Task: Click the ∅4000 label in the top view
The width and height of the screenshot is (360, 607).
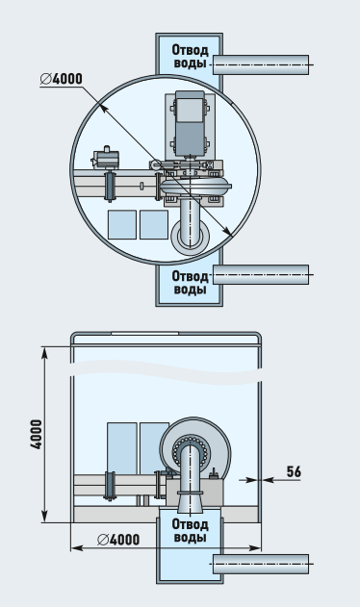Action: point(62,79)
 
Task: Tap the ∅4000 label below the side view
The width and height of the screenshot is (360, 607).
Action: point(118,540)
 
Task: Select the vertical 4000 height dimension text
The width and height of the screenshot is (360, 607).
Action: point(36,434)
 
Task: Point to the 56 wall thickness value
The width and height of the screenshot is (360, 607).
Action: point(294,471)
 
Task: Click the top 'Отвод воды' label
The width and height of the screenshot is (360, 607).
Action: point(190,56)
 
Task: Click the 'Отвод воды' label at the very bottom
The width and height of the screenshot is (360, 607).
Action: point(190,531)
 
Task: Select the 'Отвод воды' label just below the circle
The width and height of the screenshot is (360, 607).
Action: point(190,283)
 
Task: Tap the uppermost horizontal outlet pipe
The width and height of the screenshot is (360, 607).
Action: point(261,64)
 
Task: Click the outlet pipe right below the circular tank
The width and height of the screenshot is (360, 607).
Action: point(261,274)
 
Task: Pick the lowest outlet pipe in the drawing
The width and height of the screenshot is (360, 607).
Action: point(261,564)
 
